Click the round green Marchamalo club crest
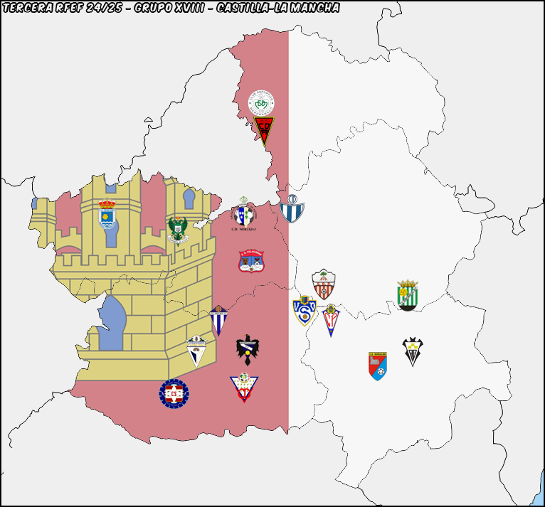click(x=261, y=103)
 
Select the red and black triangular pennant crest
click(x=264, y=130)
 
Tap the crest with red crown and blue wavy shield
click(x=107, y=214)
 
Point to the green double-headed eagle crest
click(x=177, y=229)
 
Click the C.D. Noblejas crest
click(x=244, y=215)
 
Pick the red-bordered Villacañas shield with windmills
click(x=251, y=260)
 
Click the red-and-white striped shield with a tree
click(x=323, y=284)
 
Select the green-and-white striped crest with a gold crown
click(x=408, y=295)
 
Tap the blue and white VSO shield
click(x=305, y=311)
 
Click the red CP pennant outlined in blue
click(x=331, y=319)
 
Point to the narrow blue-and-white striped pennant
click(x=218, y=320)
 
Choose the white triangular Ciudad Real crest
click(x=196, y=351)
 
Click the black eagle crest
click(x=247, y=349)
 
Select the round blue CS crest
click(x=174, y=393)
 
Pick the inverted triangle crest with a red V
click(x=244, y=388)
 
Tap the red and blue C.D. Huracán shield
click(x=378, y=365)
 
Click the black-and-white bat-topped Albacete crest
click(x=413, y=351)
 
